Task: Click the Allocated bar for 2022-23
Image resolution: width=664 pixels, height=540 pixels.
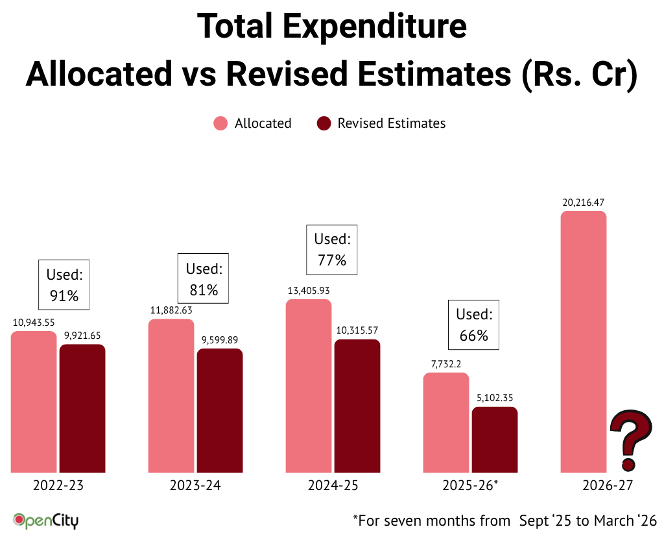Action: click(34, 402)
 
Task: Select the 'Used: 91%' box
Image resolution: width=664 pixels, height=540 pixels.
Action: click(64, 284)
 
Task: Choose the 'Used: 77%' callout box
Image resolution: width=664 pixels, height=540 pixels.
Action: click(332, 249)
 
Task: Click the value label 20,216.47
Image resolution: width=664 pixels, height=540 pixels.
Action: click(584, 202)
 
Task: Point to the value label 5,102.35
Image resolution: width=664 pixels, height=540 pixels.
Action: click(495, 398)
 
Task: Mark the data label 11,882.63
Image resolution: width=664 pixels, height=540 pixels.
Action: click(171, 310)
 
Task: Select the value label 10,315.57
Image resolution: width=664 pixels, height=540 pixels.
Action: click(357, 330)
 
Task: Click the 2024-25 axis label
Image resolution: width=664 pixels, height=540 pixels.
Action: click(333, 485)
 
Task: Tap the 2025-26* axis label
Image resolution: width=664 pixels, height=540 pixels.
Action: click(470, 485)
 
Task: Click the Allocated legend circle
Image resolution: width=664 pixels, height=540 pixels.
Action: click(221, 123)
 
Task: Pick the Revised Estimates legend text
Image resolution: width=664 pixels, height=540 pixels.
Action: click(392, 123)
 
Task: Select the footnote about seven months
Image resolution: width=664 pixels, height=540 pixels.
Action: click(504, 520)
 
